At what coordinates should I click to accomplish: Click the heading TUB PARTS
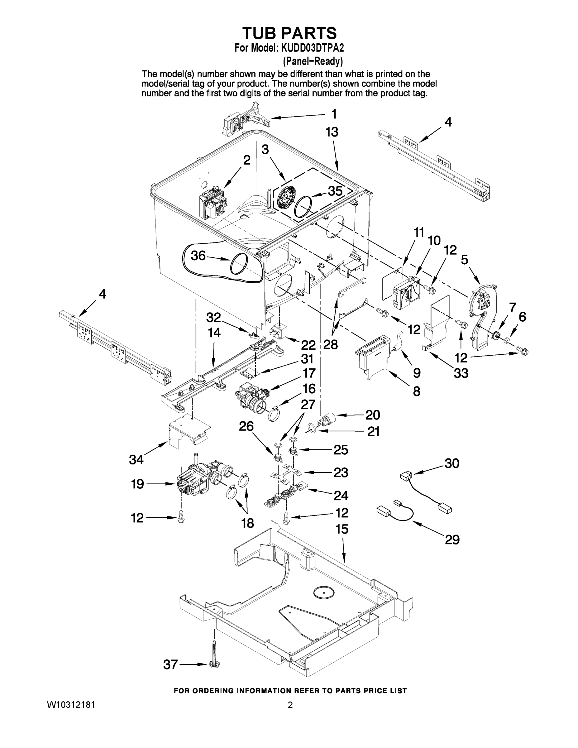click(289, 33)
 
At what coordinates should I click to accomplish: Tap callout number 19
click(137, 484)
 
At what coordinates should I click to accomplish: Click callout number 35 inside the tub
click(335, 191)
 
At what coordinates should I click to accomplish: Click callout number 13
click(332, 132)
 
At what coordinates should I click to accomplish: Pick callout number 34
click(136, 460)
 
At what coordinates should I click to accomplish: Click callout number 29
click(452, 540)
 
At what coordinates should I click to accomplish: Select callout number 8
click(416, 391)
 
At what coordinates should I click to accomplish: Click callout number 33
click(461, 373)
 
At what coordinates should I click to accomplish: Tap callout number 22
click(308, 344)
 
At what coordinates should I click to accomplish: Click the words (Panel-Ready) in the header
click(313, 61)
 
